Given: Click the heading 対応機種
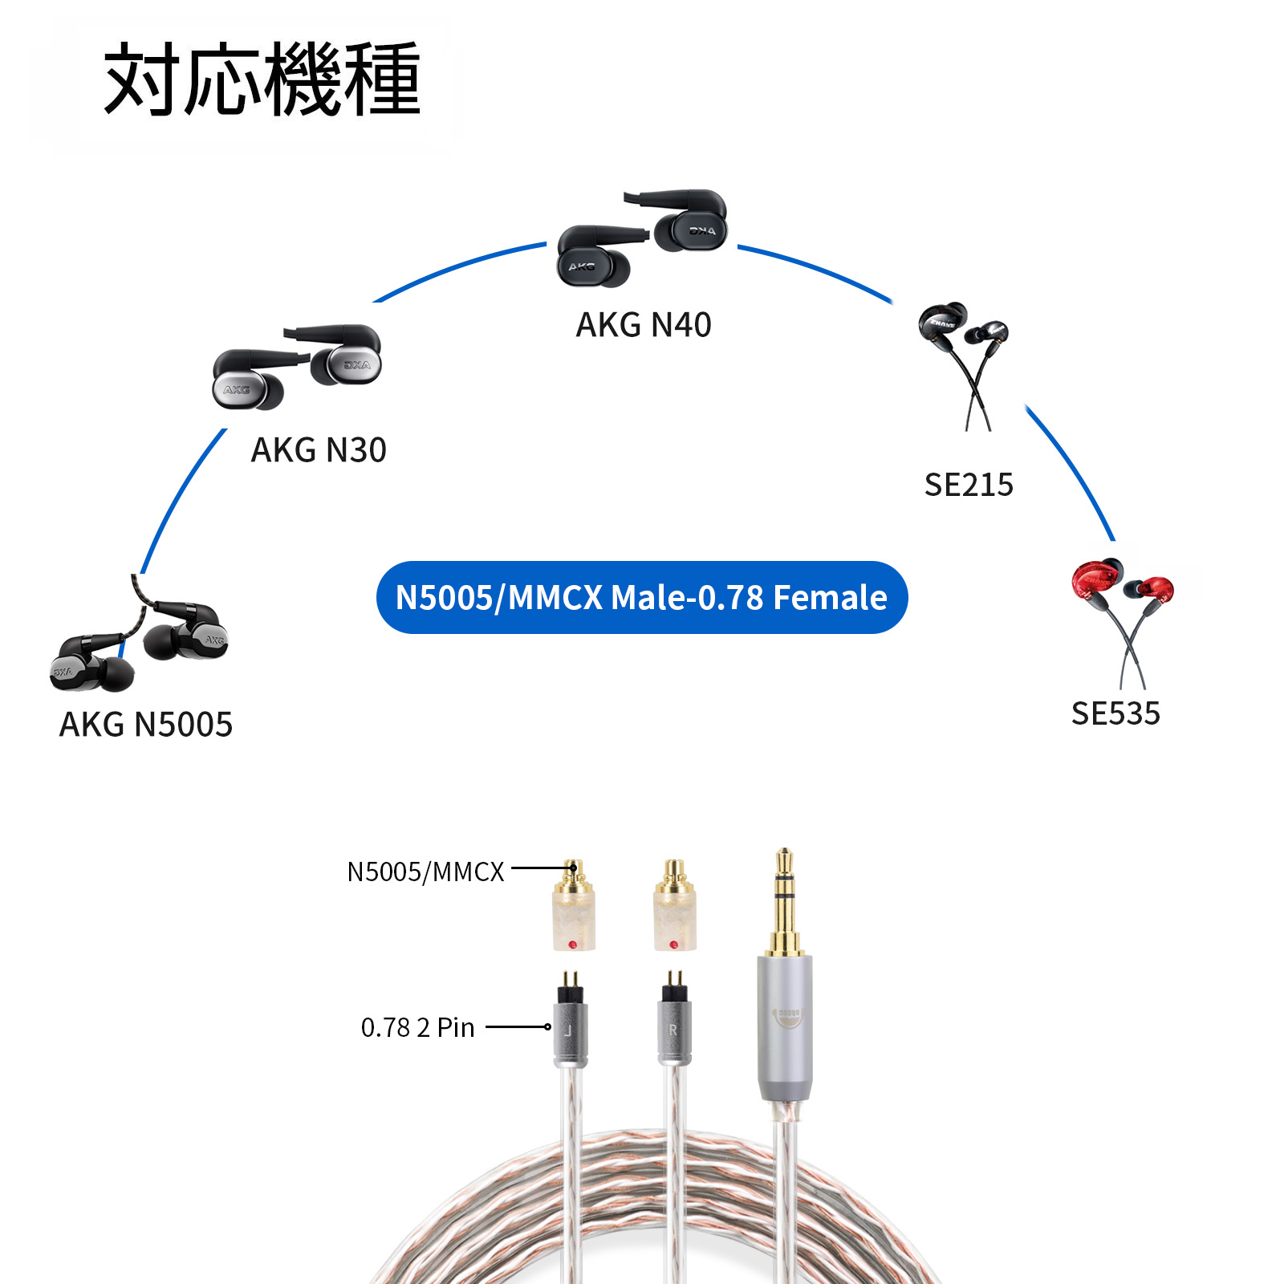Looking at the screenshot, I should pyautogui.click(x=262, y=80).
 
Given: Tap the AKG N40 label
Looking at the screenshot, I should pyautogui.click(x=644, y=325).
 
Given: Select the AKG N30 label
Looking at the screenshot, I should pyautogui.click(x=319, y=450).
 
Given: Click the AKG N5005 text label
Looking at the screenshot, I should pyautogui.click(x=146, y=725).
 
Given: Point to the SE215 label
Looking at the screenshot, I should pyautogui.click(x=969, y=485).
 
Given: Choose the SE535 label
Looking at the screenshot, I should pyautogui.click(x=1115, y=713).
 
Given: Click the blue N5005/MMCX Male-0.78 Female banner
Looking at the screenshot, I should pyautogui.click(x=641, y=598).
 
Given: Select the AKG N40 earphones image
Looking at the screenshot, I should pyautogui.click(x=642, y=237).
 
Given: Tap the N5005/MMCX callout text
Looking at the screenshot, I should pyautogui.click(x=425, y=872).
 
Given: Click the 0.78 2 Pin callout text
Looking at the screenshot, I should pyautogui.click(x=417, y=1027).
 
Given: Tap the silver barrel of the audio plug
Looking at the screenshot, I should pyautogui.click(x=785, y=1027).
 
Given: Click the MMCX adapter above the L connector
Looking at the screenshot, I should pyautogui.click(x=573, y=911).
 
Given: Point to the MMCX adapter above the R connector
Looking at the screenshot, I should pyautogui.click(x=674, y=911).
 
